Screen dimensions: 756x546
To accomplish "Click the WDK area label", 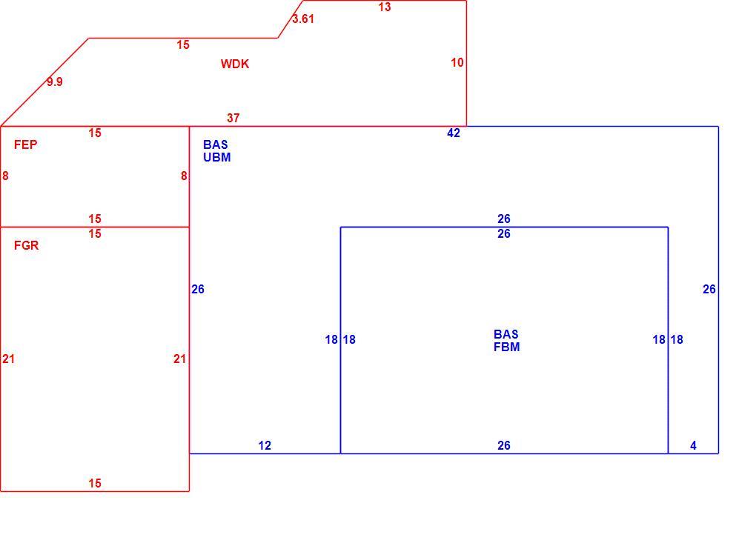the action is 235,64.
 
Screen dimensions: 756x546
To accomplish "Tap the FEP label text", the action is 25,144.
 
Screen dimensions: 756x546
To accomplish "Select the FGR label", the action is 26,245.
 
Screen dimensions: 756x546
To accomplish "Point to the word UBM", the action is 217,157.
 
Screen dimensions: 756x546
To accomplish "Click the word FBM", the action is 507,347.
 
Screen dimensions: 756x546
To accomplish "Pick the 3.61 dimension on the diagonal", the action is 303,19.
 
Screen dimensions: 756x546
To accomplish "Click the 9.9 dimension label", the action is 55,82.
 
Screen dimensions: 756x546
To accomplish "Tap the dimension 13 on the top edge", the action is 384,7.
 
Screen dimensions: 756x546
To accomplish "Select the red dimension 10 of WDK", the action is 457,63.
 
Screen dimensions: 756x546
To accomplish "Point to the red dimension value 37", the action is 233,118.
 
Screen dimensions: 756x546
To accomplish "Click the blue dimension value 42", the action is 454,133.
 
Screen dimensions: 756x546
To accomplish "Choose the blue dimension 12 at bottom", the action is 265,446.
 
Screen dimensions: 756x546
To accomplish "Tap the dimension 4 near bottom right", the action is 693,446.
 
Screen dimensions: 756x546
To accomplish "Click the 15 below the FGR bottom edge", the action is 95,483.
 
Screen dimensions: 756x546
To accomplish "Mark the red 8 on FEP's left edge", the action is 5,176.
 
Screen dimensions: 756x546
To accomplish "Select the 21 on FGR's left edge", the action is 9,359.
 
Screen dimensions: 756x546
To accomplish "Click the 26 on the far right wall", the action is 709,289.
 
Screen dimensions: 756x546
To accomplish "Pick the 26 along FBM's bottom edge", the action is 504,446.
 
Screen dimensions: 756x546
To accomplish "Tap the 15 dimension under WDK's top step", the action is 183,44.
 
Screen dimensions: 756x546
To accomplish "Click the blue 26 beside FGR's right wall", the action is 198,289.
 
